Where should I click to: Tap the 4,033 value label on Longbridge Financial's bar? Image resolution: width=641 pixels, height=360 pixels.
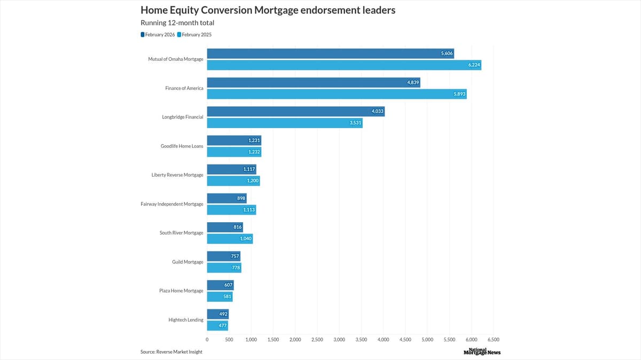point(377,111)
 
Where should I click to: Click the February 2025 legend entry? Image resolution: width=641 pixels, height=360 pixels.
point(197,35)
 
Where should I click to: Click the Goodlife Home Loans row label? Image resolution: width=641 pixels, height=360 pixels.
point(182,146)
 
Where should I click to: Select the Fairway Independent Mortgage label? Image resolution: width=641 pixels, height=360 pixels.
point(171,204)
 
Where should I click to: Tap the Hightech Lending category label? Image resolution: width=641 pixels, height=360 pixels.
point(185,319)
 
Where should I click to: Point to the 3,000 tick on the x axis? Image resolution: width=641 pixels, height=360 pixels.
point(339,339)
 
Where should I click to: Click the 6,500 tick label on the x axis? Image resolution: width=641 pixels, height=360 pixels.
point(493,339)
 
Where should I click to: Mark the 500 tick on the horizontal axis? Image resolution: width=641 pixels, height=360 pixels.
point(229,339)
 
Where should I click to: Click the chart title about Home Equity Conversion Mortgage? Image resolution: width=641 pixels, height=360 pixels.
point(268,10)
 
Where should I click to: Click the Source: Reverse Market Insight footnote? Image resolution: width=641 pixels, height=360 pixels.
point(171,351)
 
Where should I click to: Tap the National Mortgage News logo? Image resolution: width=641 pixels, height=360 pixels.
point(482,351)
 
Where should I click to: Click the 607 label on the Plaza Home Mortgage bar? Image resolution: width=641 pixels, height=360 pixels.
point(228,285)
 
